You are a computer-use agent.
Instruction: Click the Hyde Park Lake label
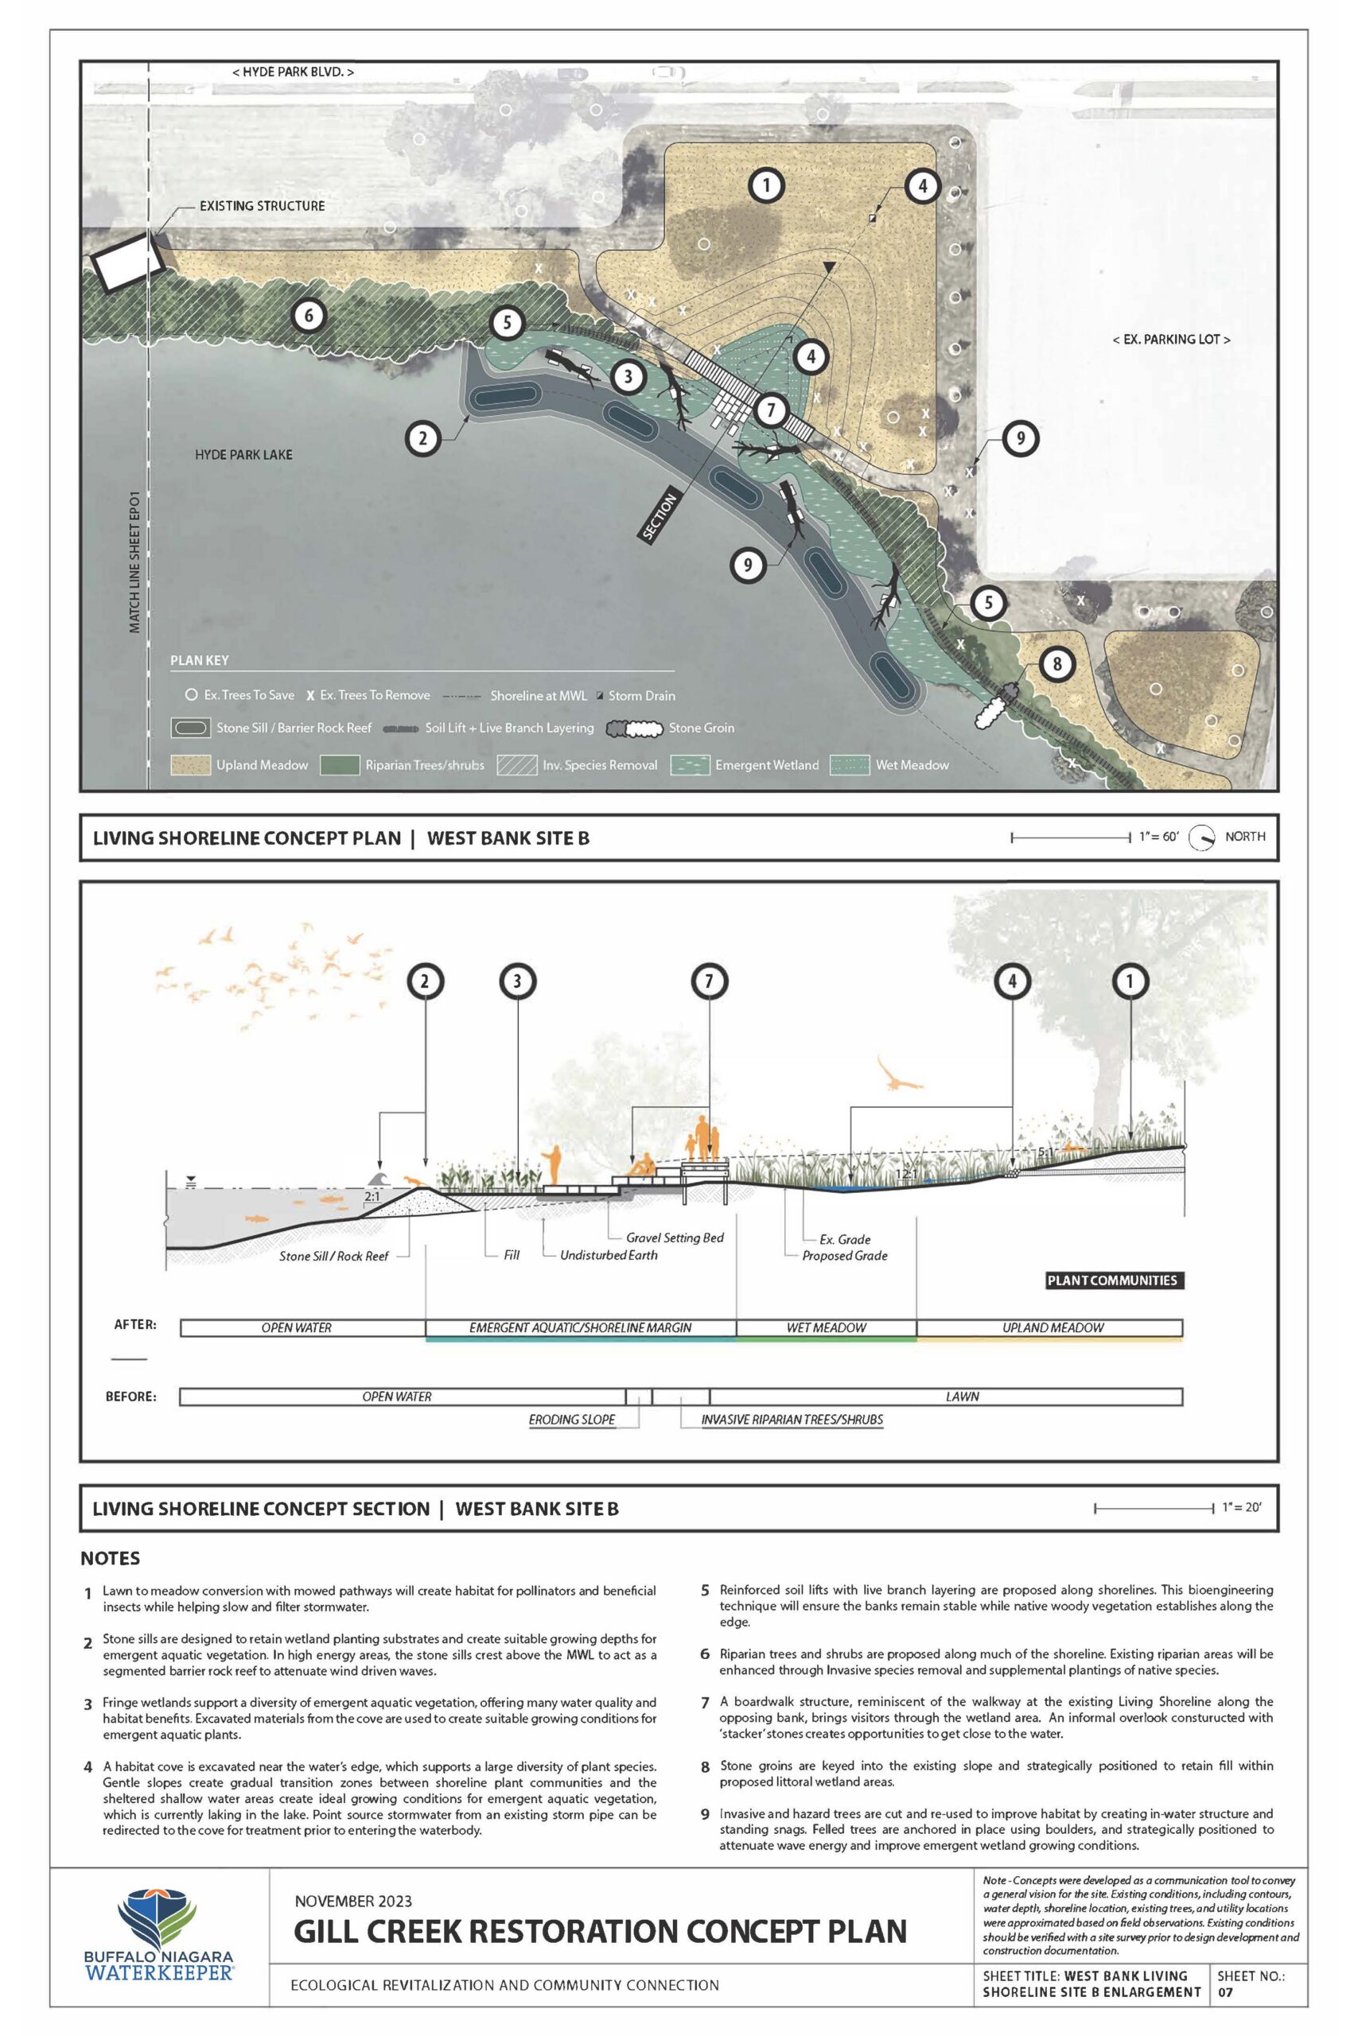pyautogui.click(x=243, y=454)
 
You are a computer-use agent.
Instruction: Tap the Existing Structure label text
pyautogui.click(x=262, y=206)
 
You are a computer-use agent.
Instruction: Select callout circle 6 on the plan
pyautogui.click(x=309, y=315)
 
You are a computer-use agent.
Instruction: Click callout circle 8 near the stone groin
pyautogui.click(x=1056, y=665)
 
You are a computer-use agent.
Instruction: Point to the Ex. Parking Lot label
pyautogui.click(x=1171, y=340)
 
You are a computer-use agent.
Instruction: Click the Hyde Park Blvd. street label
pyautogui.click(x=293, y=72)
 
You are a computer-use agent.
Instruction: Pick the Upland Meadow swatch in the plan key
pyautogui.click(x=191, y=764)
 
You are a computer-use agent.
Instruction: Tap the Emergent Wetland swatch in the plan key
pyautogui.click(x=691, y=764)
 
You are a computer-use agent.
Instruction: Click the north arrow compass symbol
pyautogui.click(x=1201, y=837)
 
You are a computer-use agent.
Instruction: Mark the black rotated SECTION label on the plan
pyautogui.click(x=660, y=516)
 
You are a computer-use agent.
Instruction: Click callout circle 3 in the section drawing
pyautogui.click(x=518, y=981)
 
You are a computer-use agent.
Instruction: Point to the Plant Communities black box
pyautogui.click(x=1112, y=1280)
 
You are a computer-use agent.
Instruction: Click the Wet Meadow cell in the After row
pyautogui.click(x=827, y=1327)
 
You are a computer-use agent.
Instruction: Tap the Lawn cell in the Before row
pyautogui.click(x=962, y=1397)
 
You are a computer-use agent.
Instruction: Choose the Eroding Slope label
pyautogui.click(x=572, y=1420)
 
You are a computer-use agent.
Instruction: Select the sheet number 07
pyautogui.click(x=1228, y=1991)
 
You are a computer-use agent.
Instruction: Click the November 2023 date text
pyautogui.click(x=353, y=1902)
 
